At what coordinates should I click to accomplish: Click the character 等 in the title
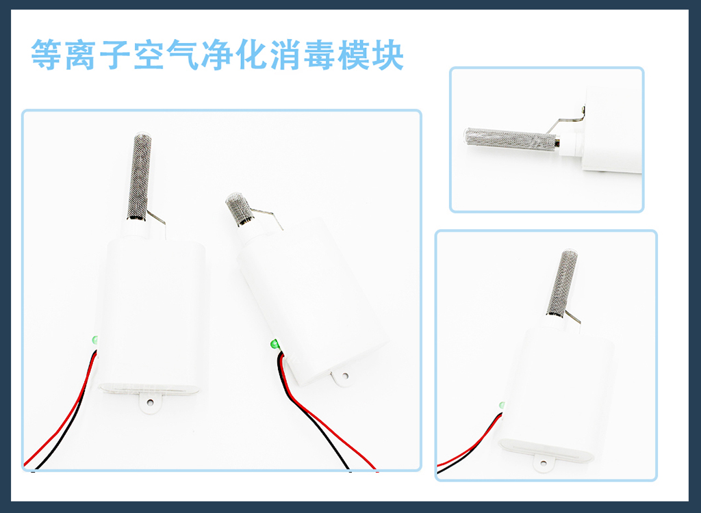pos(46,55)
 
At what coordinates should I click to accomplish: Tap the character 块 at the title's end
pos(388,55)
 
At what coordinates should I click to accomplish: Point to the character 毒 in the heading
pos(319,55)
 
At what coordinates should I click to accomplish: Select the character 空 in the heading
pos(149,55)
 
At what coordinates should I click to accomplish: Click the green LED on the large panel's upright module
pos(94,340)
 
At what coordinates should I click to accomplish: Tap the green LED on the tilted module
pos(275,345)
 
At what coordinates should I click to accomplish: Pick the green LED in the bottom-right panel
pos(502,405)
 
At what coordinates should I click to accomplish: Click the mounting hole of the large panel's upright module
pos(150,403)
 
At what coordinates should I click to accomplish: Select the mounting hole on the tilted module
pos(345,376)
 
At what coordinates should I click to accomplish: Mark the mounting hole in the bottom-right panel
pos(543,463)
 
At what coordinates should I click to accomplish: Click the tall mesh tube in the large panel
pos(140,177)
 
